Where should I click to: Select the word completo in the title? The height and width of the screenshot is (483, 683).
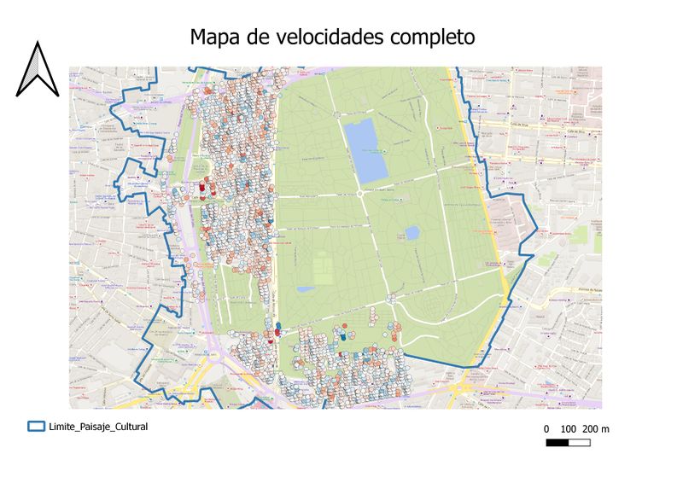click(432, 38)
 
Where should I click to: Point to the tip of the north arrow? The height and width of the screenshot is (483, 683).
click(37, 43)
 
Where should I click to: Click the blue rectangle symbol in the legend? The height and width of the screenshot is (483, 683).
click(38, 426)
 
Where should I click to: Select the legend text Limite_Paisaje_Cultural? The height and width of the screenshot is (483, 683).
click(99, 426)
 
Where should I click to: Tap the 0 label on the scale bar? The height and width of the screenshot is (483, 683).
click(546, 428)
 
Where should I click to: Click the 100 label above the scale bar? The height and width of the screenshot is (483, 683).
click(568, 428)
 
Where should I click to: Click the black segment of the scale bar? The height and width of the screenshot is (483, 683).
click(557, 443)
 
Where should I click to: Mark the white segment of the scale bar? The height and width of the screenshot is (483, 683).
click(580, 443)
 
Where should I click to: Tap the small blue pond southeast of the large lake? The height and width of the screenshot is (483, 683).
click(412, 232)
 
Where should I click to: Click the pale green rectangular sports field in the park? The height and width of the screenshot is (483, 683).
click(324, 269)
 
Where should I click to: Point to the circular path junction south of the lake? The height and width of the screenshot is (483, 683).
click(361, 194)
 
